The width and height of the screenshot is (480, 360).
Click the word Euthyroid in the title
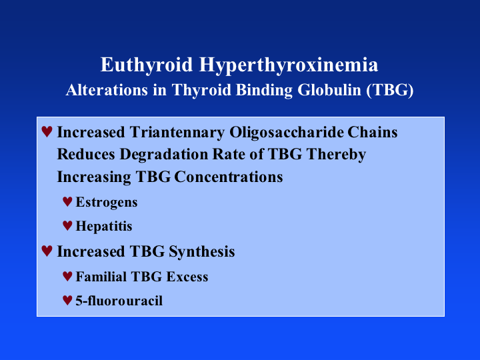tap(146, 65)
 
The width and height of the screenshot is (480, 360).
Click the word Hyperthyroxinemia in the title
tap(289, 65)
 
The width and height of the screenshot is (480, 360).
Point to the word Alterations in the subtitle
tap(107, 90)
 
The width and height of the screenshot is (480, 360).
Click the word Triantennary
tap(177, 133)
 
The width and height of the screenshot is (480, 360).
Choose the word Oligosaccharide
tap(287, 133)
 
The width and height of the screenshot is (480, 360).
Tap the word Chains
tap(372, 132)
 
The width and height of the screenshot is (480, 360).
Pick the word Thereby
tap(336, 155)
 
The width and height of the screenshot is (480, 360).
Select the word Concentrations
tap(229, 177)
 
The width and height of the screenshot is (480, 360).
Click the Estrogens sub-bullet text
tap(107, 203)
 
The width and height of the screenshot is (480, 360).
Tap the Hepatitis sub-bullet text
tap(104, 227)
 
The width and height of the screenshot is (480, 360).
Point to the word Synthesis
tap(202, 252)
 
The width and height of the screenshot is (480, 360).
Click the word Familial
tap(101, 277)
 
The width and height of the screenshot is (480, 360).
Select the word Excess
tap(187, 277)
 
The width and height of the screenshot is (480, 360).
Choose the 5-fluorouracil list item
tap(119, 301)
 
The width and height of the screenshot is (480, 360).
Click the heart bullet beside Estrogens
tap(67, 202)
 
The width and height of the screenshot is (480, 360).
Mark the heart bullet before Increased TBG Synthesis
tap(47, 251)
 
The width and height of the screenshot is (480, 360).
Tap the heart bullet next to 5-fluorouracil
tap(67, 300)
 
